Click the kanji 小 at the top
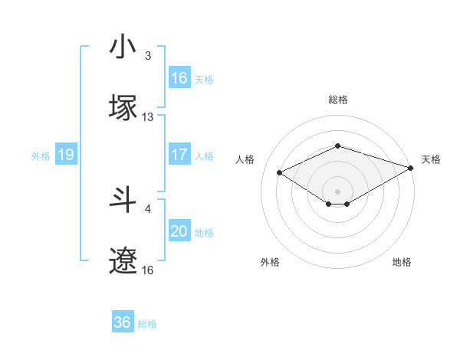coord(123,47)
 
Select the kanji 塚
coord(123,108)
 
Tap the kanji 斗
coord(123,200)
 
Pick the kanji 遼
coord(123,260)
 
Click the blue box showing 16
coord(179,78)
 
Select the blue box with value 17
coord(179,154)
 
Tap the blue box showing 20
coord(179,231)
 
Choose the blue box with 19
coord(65,155)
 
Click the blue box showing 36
coord(123,322)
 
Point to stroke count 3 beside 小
coord(148,56)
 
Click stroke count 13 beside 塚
coord(148,117)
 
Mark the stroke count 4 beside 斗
coord(148,208)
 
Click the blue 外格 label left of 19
coord(41,156)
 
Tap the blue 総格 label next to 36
coord(147,324)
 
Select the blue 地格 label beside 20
coord(204,232)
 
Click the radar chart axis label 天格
coord(431,159)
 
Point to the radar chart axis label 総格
coord(337,100)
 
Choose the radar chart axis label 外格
coord(270,263)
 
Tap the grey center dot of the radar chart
coord(337,191)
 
